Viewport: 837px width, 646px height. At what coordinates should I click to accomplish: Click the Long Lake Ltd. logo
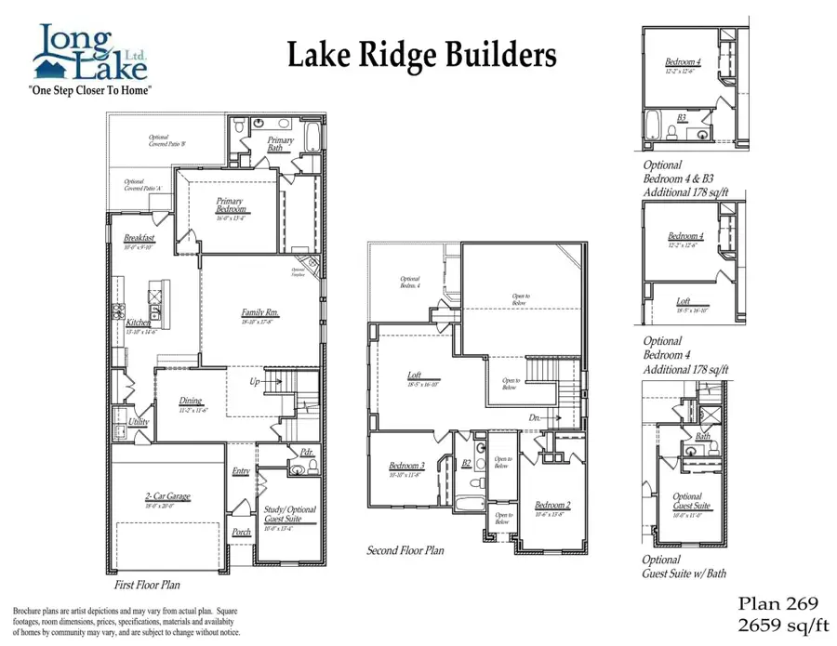point(90,57)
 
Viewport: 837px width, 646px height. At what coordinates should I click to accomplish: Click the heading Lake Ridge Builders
point(421,55)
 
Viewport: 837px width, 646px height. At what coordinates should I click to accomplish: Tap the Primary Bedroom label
point(229,205)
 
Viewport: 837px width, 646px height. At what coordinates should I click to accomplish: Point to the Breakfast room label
point(139,239)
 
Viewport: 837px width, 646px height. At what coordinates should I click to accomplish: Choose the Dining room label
point(191,402)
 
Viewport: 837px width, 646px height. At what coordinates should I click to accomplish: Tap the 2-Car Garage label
point(167,497)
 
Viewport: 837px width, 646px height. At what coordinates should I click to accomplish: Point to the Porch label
point(241,533)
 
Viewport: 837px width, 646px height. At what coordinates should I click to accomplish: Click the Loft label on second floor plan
point(415,376)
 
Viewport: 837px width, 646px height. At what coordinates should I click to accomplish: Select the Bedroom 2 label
point(552,505)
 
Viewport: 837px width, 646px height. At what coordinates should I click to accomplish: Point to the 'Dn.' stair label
point(536,419)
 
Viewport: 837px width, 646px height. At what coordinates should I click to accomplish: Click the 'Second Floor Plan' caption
point(405,550)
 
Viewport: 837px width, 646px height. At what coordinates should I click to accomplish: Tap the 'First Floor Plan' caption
point(147,586)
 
